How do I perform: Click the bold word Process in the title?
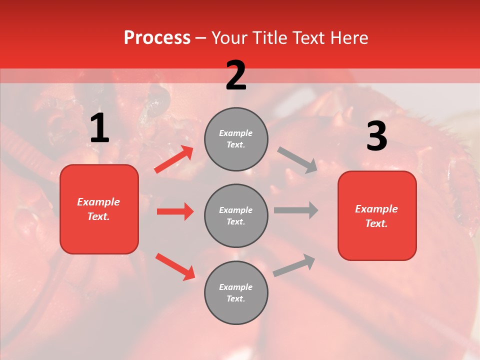157,38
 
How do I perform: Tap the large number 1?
99,128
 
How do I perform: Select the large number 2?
235,75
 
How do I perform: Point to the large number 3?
376,136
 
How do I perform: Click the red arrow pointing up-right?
174,159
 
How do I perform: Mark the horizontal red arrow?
175,211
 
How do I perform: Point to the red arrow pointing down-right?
175,266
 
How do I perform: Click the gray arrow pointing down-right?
297,160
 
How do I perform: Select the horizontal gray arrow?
296,210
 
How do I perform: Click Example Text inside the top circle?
236,139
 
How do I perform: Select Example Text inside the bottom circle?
236,293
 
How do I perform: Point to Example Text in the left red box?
99,209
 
